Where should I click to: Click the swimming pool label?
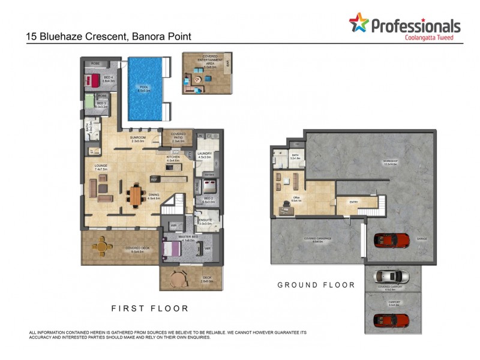[144, 89]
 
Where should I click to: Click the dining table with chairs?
[136, 194]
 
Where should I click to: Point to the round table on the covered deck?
[103, 245]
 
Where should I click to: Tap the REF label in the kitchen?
[154, 179]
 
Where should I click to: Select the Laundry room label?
[205, 154]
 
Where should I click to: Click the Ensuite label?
[206, 221]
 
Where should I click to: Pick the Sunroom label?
[138, 139]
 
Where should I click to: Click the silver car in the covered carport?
[391, 277]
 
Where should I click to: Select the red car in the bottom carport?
[391, 319]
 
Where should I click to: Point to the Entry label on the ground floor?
[353, 202]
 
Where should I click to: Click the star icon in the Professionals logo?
[359, 23]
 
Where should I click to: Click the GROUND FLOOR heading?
[316, 285]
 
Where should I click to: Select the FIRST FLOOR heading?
[150, 308]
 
